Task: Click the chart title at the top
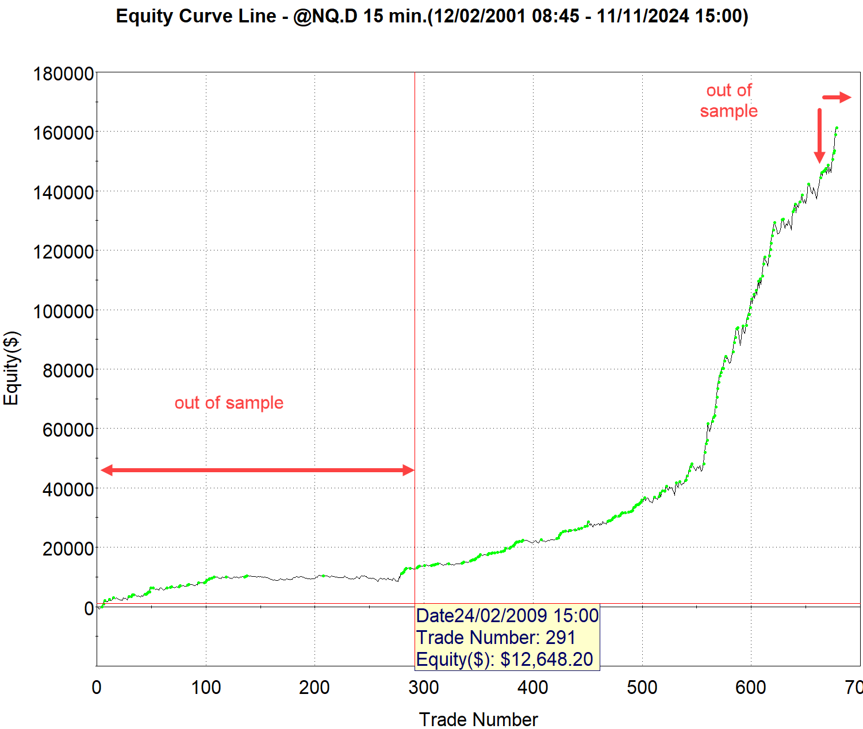coord(432,16)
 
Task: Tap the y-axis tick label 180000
coord(63,74)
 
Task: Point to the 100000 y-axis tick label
coord(63,311)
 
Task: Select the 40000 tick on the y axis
coord(68,489)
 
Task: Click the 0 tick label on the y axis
coord(89,608)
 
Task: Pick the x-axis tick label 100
coord(206,687)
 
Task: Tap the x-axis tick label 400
coord(533,687)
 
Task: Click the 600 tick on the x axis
coord(751,687)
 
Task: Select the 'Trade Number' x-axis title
coord(478,719)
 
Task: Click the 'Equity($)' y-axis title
coord(11,368)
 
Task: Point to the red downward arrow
coord(819,136)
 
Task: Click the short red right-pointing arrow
coord(837,98)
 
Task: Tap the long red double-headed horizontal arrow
coord(258,470)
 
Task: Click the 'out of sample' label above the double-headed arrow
coord(229,403)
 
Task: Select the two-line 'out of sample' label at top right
coord(728,101)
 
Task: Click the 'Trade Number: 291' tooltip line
coord(496,638)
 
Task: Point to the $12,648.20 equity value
coord(546,659)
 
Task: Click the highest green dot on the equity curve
coord(837,128)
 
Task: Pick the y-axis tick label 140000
coord(63,192)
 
